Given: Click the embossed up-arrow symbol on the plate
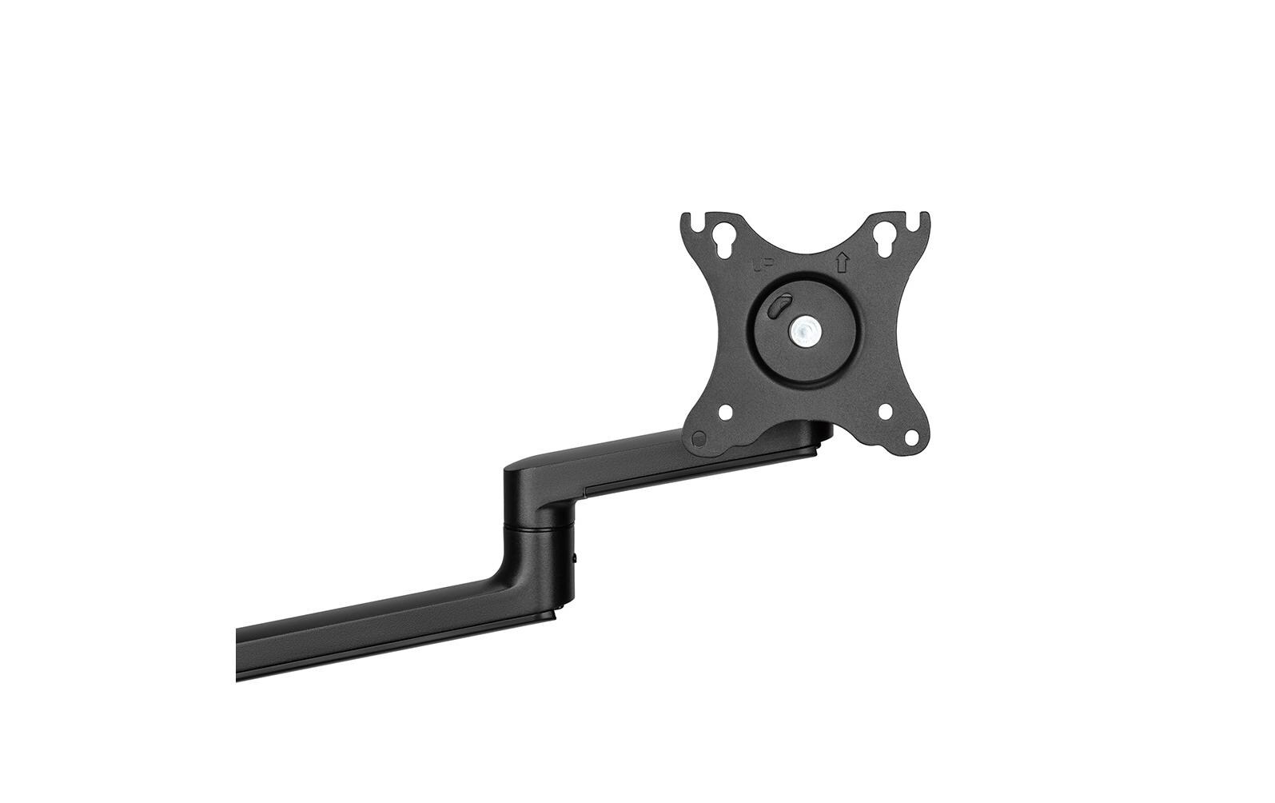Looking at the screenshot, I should click(841, 262).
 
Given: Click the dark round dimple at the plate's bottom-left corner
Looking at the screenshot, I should click(699, 438).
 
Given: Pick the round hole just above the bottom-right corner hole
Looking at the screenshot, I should click(886, 413).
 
